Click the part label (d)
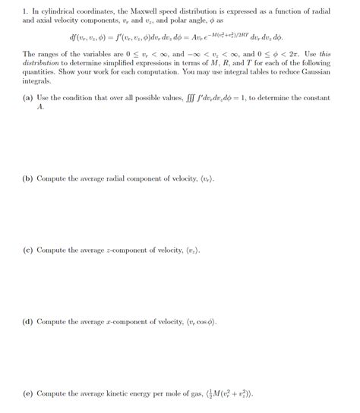click(29, 321)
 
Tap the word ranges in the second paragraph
click(46, 55)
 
